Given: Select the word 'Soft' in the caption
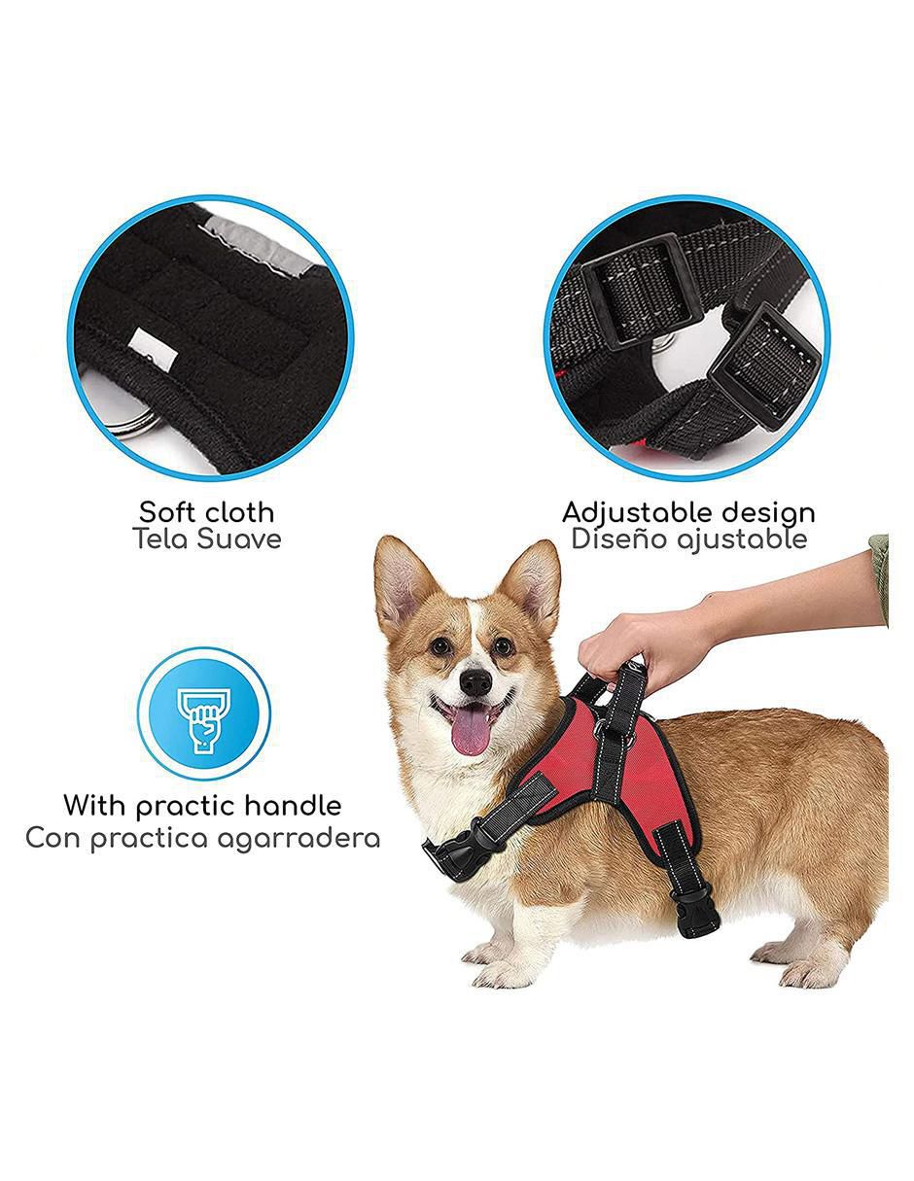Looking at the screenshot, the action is [163, 512].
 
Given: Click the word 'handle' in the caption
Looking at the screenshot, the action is [293, 806].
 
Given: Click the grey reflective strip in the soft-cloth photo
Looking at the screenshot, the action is [261, 240].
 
